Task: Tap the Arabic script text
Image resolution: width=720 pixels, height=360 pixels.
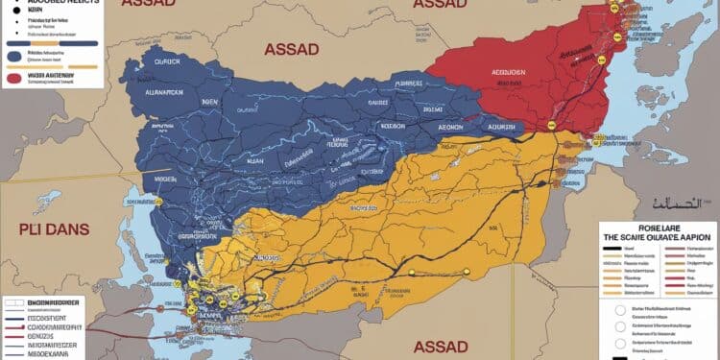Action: (681, 204)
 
